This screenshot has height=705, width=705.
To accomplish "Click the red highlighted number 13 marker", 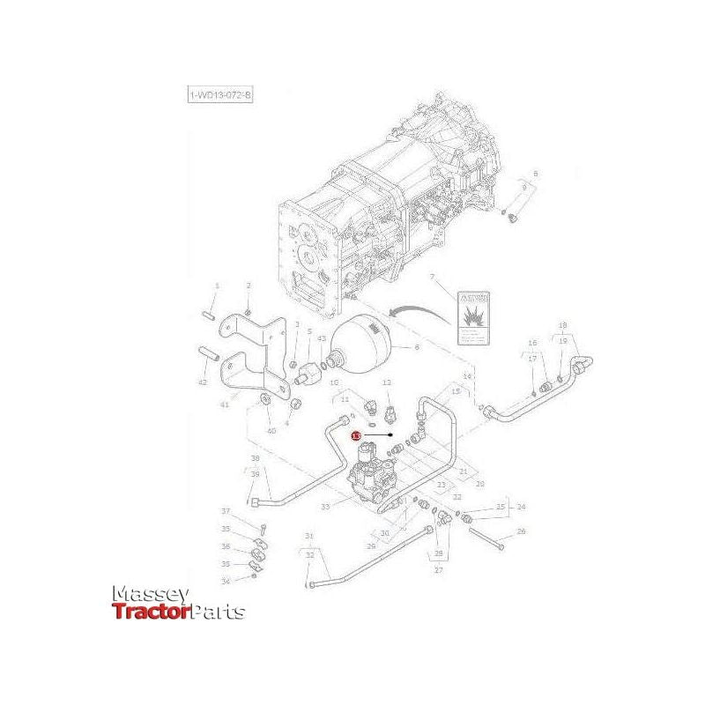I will point(355,435).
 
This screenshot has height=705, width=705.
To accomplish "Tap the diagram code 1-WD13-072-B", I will point(219,95).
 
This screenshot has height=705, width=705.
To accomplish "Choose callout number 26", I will point(521,531).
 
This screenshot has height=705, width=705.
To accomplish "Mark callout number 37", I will point(225,512).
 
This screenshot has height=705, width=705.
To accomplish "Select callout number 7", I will point(432,278).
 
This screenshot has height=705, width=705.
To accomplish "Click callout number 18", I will point(563,325).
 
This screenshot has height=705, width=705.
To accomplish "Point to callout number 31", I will point(309,536).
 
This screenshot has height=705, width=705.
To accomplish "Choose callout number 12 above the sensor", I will point(387,382).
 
